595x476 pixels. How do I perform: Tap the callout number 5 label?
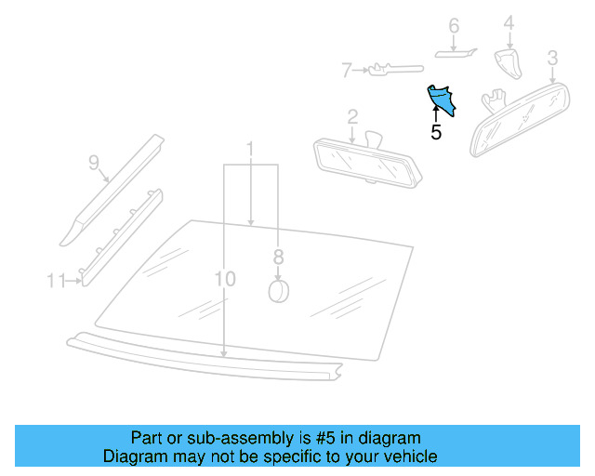point(436,133)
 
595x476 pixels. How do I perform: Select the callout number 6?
point(454,26)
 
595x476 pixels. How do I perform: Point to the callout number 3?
point(552,59)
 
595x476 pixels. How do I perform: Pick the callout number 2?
point(352,116)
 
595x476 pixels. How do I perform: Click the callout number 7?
point(346,69)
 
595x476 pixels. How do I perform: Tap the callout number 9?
point(94,163)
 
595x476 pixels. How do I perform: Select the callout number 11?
point(56,279)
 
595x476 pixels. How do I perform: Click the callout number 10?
point(225,279)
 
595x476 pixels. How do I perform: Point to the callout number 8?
point(278,258)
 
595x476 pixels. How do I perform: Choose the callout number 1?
point(250,149)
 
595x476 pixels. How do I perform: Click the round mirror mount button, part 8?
point(278,291)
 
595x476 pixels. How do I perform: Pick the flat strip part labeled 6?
point(456,54)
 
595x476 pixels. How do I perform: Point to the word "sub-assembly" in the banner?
point(213,438)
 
